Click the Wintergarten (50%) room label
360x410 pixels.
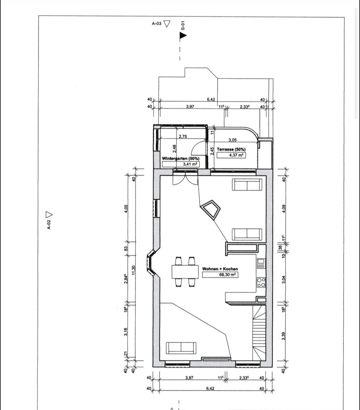pyautogui.click(x=181, y=158)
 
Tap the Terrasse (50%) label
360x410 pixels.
pyautogui.click(x=231, y=149)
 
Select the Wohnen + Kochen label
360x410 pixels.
pyautogui.click(x=220, y=269)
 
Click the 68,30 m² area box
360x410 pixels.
pyautogui.click(x=220, y=275)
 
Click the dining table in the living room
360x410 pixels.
pyautogui.click(x=185, y=272)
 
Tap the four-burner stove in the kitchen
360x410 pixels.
pyautogui.click(x=261, y=282)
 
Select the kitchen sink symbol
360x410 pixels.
pyautogui.click(x=261, y=263)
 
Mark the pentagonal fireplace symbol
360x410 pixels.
pyautogui.click(x=210, y=209)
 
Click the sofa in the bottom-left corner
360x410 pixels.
pyautogui.click(x=181, y=348)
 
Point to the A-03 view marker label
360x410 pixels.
pyautogui.click(x=156, y=23)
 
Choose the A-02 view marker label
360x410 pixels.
pyautogui.click(x=49, y=225)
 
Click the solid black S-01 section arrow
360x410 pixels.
pyautogui.click(x=183, y=36)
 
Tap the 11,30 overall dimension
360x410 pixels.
pyautogui.click(x=133, y=270)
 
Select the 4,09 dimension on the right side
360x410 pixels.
pyautogui.click(x=284, y=208)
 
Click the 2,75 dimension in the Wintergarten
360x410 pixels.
pyautogui.click(x=183, y=136)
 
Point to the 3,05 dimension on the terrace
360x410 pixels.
pyautogui.click(x=232, y=140)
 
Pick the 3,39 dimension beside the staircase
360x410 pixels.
pyautogui.click(x=284, y=336)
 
